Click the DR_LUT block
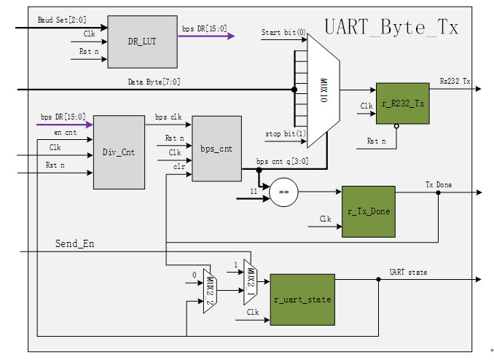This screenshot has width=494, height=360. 143,42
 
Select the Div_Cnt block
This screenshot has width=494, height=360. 119,152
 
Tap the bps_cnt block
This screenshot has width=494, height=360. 216,148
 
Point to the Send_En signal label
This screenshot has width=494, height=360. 75,243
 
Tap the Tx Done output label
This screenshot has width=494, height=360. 438,185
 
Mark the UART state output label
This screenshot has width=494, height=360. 409,272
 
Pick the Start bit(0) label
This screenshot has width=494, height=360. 283,33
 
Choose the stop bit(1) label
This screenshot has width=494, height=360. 285,133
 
